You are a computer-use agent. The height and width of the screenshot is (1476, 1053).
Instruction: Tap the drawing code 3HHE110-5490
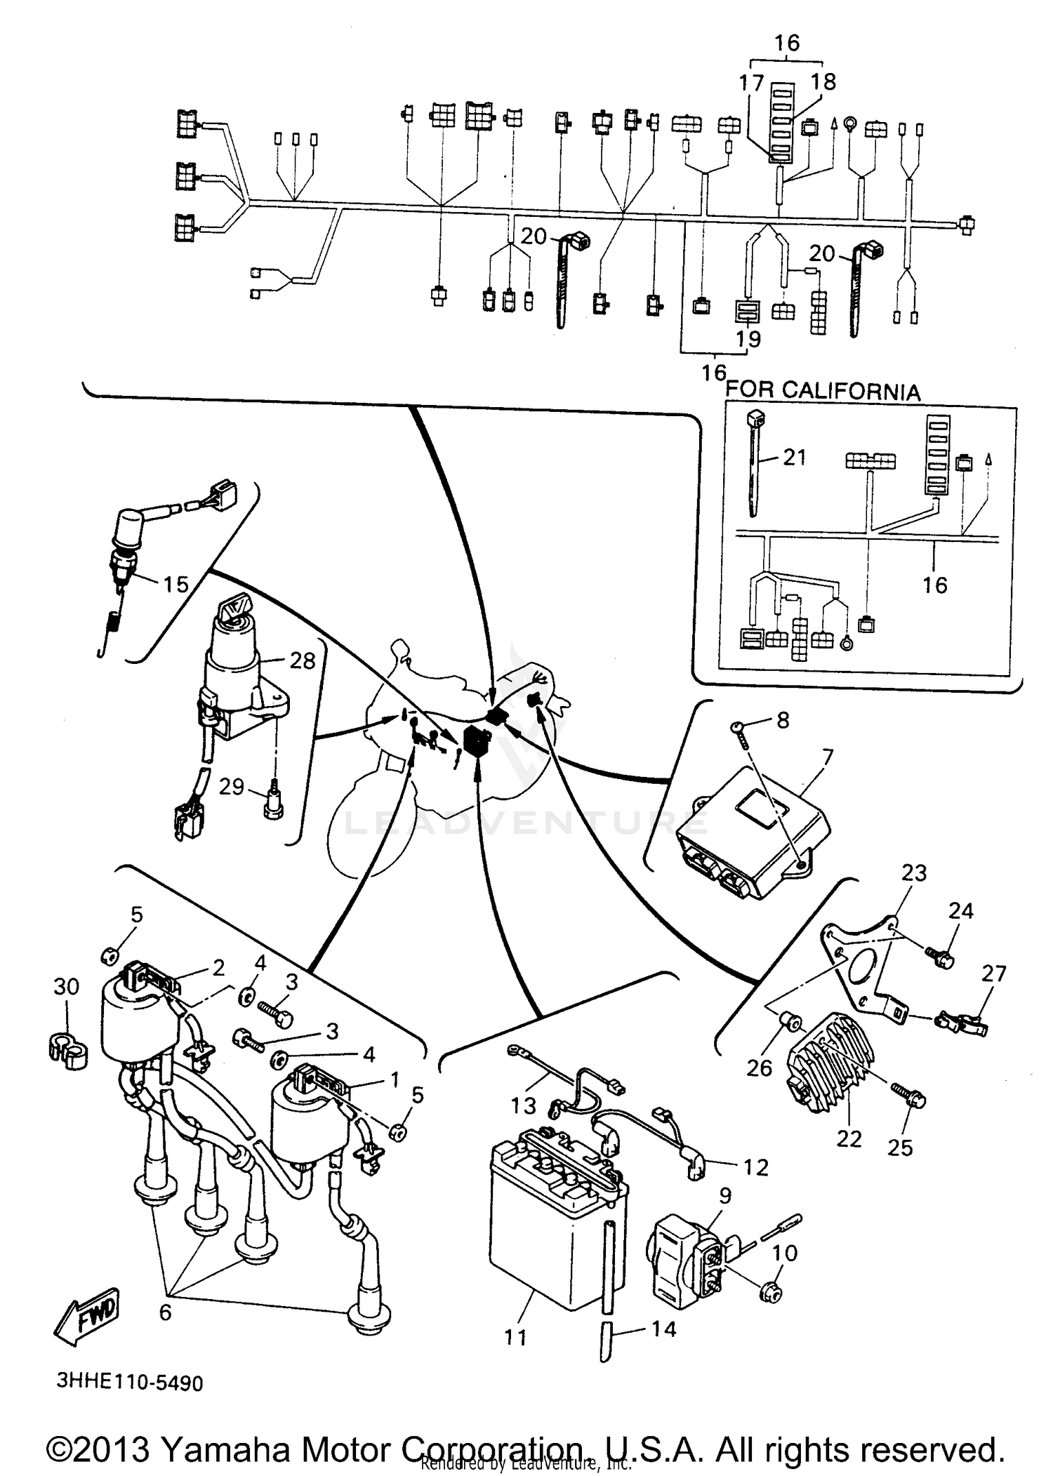pyautogui.click(x=130, y=1383)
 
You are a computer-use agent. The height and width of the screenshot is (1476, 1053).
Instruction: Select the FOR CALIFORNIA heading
pyautogui.click(x=822, y=390)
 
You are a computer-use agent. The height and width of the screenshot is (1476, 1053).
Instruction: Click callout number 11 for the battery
pyautogui.click(x=515, y=1337)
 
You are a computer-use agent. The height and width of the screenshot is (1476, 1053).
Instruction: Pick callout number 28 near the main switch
pyautogui.click(x=303, y=660)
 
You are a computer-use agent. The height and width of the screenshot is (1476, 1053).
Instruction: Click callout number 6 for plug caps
pyautogui.click(x=165, y=1312)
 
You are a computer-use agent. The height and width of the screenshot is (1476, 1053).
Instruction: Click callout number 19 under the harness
pyautogui.click(x=749, y=339)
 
